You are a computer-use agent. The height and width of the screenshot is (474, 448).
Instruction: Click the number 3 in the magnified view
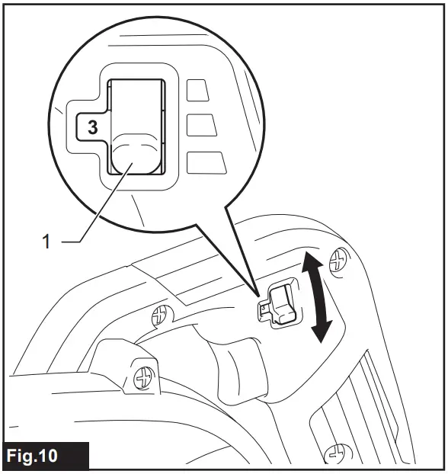coord(92,128)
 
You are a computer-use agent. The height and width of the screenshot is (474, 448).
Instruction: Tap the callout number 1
coord(45,242)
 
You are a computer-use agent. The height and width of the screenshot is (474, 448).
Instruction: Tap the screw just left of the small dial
coord(162,312)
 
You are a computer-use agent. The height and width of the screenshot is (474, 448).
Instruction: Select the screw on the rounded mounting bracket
coord(143,378)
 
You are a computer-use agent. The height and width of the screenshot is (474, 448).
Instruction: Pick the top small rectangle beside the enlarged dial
coord(198,91)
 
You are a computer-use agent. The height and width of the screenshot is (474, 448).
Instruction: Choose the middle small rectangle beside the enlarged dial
coord(202,125)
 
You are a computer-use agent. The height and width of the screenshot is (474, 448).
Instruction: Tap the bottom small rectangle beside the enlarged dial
coord(206,162)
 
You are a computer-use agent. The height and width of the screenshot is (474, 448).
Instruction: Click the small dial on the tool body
coord(281,306)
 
